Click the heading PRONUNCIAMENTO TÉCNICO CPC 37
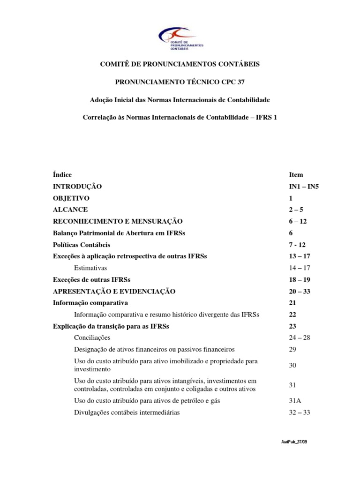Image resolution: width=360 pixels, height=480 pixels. coord(180,82)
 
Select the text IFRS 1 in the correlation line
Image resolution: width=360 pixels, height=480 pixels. coord(266,118)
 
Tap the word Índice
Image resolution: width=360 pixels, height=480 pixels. coord(62,175)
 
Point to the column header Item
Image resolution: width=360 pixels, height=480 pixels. coord(296,175)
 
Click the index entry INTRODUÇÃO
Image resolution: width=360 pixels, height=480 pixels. coord(77,187)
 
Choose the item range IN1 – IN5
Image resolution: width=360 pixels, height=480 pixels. coord(304,187)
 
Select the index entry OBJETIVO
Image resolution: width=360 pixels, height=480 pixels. coord(71,198)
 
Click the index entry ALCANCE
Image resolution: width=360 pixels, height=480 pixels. coord(70,210)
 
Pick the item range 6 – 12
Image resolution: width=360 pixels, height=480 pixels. coord(298,221)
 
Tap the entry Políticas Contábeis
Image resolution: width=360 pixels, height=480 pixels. coord(82,245)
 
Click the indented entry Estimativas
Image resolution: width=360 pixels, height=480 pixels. coord(90,268)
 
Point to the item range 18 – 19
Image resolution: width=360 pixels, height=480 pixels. coord(300,280)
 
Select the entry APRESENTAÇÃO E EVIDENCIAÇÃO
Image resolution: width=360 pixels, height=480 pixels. coord(114,292)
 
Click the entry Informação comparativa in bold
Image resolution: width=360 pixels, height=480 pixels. coord(90,303)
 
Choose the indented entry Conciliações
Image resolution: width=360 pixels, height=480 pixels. coord(92,337)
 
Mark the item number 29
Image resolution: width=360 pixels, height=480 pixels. coord(292,349)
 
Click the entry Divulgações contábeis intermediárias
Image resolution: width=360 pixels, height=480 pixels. coord(127,412)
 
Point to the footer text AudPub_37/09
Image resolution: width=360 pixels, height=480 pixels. coord(294,442)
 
